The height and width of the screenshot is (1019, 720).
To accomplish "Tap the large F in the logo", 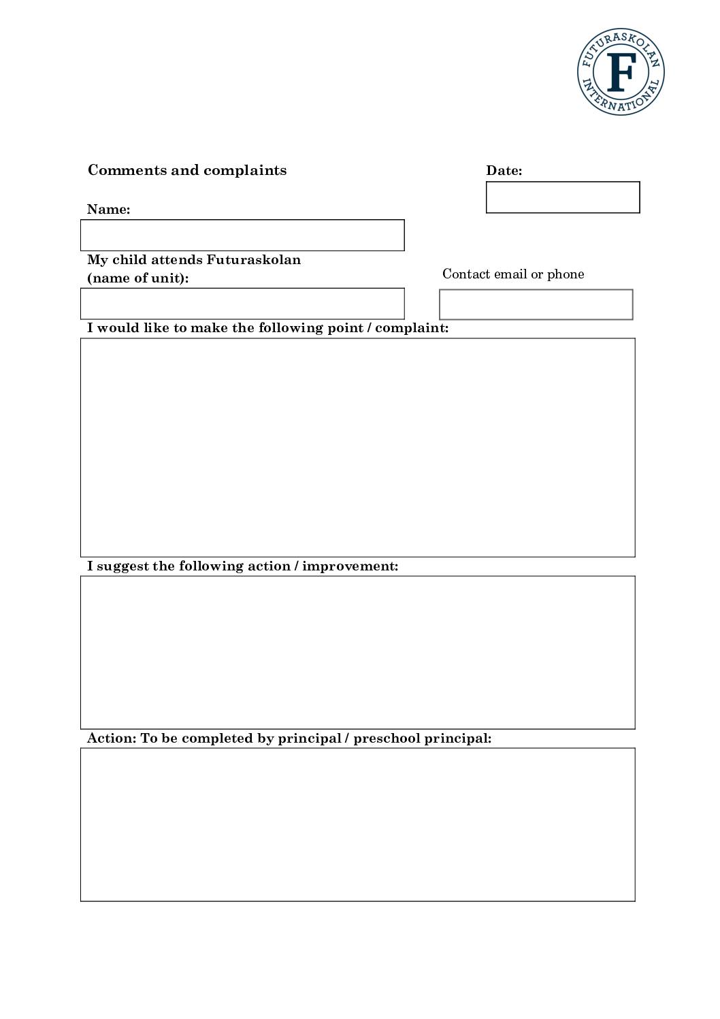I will (621, 71).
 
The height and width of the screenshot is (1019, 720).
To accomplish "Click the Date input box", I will (563, 197).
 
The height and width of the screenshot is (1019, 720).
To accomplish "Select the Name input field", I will (242, 236).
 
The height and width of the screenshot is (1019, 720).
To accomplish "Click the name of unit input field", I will (242, 304).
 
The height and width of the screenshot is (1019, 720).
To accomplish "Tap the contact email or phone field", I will (536, 304).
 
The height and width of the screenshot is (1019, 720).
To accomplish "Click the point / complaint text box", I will (358, 447).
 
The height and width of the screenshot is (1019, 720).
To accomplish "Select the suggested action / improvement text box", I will (358, 652).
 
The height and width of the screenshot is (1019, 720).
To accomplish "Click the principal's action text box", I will (358, 824).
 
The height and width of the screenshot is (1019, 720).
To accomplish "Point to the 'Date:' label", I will (504, 171).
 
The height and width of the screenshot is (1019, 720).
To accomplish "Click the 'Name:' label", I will (108, 210).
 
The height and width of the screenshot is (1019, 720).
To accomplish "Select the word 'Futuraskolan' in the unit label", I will (253, 260).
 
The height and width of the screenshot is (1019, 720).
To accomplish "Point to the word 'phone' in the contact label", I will (566, 274).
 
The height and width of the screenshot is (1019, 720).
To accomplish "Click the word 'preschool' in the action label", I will (387, 739).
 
